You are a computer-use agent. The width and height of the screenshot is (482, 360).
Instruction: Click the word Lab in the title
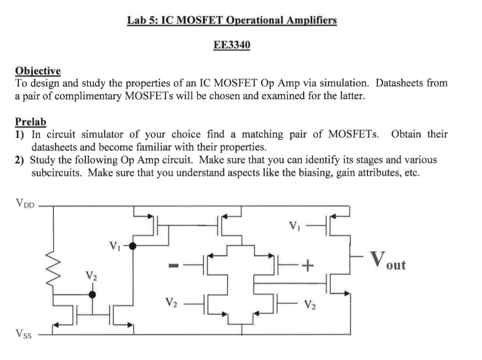click(137, 21)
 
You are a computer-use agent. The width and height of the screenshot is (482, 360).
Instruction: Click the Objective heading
click(38, 71)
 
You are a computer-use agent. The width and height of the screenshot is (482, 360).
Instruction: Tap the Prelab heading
click(30, 122)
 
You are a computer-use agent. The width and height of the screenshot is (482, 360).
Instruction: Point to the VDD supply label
click(24, 203)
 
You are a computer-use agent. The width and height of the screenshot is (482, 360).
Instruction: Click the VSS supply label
click(23, 334)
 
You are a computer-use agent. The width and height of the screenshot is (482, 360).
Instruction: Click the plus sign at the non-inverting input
click(307, 267)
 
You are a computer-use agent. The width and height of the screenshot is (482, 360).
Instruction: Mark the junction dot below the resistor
click(92, 295)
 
